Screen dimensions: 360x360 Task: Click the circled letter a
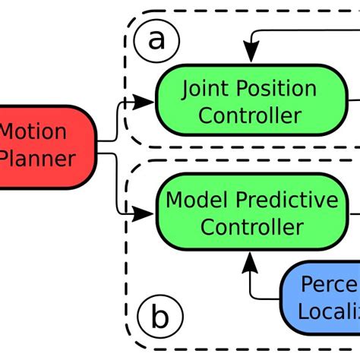[156, 39]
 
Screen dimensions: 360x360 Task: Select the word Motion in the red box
[32, 131]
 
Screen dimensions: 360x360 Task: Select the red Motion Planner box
[46, 146]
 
